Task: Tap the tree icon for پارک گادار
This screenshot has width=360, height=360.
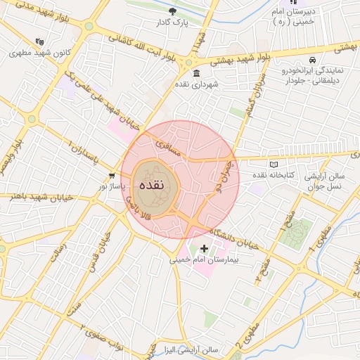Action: click(x=173, y=11)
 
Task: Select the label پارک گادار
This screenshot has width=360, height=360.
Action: click(x=172, y=22)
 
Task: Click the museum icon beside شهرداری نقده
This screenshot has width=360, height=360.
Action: click(x=195, y=73)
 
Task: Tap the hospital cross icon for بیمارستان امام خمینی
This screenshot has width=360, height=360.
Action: click(x=204, y=248)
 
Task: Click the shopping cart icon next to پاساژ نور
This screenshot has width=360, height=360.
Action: click(x=112, y=175)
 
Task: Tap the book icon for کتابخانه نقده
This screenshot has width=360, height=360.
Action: click(x=273, y=165)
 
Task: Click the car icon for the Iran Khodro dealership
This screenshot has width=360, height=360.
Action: click(x=312, y=60)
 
